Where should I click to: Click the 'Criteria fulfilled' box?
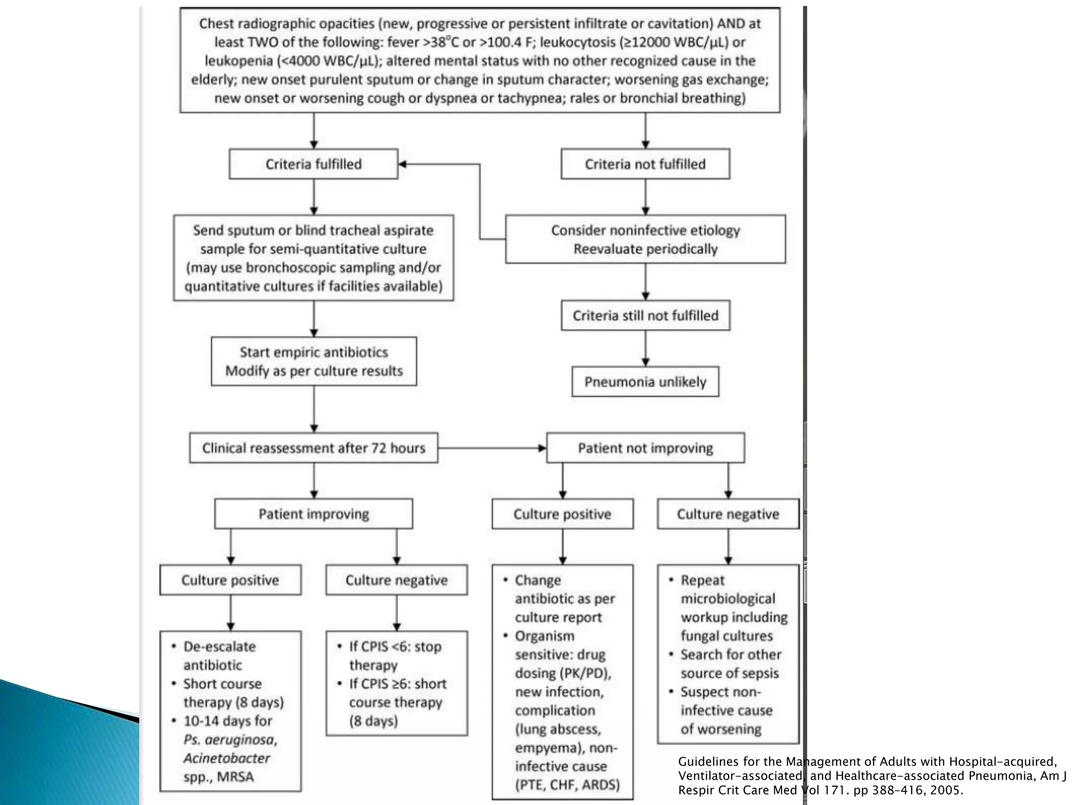(x=313, y=164)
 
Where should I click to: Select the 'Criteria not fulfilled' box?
(x=645, y=164)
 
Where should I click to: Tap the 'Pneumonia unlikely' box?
(x=645, y=382)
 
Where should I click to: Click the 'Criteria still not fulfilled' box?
(x=645, y=316)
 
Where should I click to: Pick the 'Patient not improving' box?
(x=645, y=448)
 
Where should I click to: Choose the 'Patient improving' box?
(x=313, y=514)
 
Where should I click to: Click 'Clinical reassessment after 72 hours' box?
(x=313, y=448)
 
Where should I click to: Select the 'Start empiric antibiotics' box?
(x=313, y=362)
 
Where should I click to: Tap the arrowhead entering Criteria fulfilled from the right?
(x=403, y=164)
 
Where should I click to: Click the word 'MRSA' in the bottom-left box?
(x=235, y=777)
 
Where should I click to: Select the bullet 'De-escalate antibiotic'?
(x=219, y=656)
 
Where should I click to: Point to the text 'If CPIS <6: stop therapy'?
(x=395, y=656)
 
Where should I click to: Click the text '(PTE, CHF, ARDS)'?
(x=567, y=785)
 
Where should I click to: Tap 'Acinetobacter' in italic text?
(x=226, y=758)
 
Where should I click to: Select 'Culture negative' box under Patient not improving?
(x=728, y=514)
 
